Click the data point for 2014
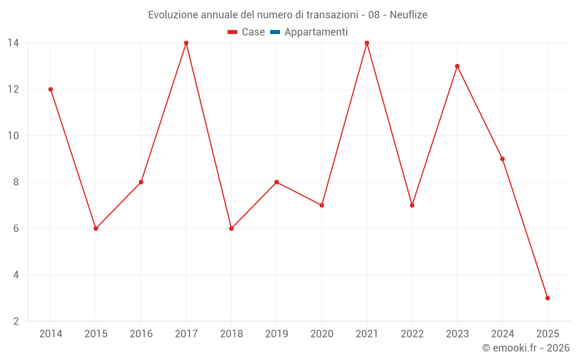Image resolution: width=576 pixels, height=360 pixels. [51, 89]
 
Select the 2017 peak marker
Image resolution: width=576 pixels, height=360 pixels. [186, 43]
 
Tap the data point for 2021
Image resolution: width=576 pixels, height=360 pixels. [367, 43]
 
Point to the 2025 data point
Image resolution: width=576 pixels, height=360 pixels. [547, 298]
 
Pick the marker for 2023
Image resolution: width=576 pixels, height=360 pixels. [457, 66]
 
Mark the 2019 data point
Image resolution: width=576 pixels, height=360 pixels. [276, 182]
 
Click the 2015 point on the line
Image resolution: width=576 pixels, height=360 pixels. [96, 228]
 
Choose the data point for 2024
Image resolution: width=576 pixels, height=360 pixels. [502, 159]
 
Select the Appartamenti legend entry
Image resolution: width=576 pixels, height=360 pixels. [316, 32]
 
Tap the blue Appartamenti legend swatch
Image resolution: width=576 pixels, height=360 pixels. [275, 32]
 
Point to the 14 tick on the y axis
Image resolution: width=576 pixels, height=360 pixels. [13, 43]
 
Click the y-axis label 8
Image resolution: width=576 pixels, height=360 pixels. [16, 182]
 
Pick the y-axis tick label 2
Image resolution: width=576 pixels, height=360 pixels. [16, 321]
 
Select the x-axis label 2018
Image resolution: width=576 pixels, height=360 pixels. [231, 334]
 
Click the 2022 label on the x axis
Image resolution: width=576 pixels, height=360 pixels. [412, 334]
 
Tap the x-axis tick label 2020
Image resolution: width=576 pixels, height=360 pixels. [321, 334]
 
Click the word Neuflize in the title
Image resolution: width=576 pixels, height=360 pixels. [408, 15]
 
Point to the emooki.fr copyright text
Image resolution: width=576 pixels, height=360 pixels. [525, 348]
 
